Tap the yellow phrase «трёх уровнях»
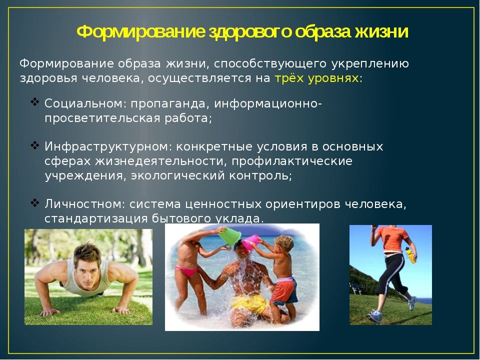[316, 78]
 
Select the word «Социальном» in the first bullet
[83, 103]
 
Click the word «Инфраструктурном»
[106, 147]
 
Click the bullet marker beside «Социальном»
[35, 101]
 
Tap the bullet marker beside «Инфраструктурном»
[35, 145]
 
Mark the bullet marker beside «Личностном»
[35, 202]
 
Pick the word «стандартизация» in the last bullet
[96, 219]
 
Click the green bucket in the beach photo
[229, 236]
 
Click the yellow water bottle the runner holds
[410, 255]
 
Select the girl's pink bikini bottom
[186, 271]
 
